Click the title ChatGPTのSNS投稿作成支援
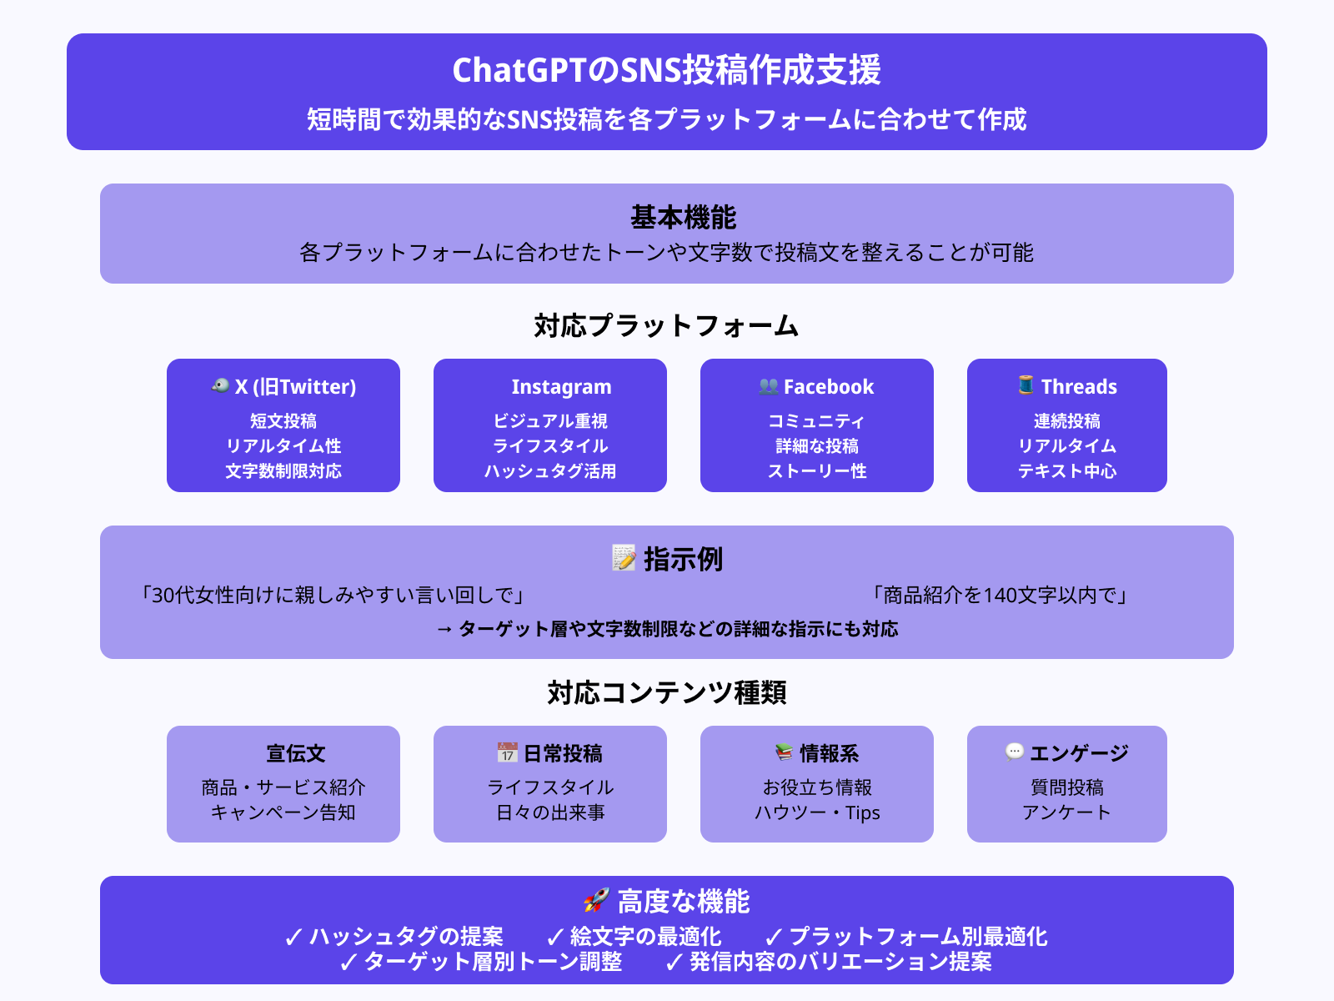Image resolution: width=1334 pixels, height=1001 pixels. click(x=667, y=70)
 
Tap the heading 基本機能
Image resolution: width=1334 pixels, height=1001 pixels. click(x=683, y=217)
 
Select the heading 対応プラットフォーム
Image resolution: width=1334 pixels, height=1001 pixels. click(x=666, y=326)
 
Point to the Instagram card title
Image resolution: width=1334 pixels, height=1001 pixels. click(x=561, y=386)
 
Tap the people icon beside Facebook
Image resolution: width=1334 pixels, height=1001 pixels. click(x=768, y=386)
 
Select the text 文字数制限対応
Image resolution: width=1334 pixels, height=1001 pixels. click(x=283, y=471)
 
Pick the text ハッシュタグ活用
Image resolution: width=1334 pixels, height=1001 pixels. click(x=550, y=471)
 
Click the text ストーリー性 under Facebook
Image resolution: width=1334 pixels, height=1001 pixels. click(x=817, y=471)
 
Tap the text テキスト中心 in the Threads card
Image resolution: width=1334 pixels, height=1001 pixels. click(x=1066, y=471)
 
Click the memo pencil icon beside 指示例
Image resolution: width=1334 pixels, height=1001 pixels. click(x=624, y=557)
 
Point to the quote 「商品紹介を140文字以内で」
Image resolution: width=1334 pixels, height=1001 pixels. click(x=999, y=595)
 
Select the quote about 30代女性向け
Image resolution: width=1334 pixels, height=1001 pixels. click(x=332, y=595)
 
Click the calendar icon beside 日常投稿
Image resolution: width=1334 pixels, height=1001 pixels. click(x=507, y=752)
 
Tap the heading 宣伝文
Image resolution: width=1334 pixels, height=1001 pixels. click(x=295, y=753)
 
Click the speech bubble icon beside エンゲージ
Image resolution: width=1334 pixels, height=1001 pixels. click(x=1015, y=752)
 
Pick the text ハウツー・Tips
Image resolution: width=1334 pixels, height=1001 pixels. click(x=817, y=812)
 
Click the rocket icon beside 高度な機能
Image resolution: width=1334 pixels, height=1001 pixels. click(x=596, y=899)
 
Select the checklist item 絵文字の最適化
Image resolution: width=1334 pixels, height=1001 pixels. click(x=634, y=937)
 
